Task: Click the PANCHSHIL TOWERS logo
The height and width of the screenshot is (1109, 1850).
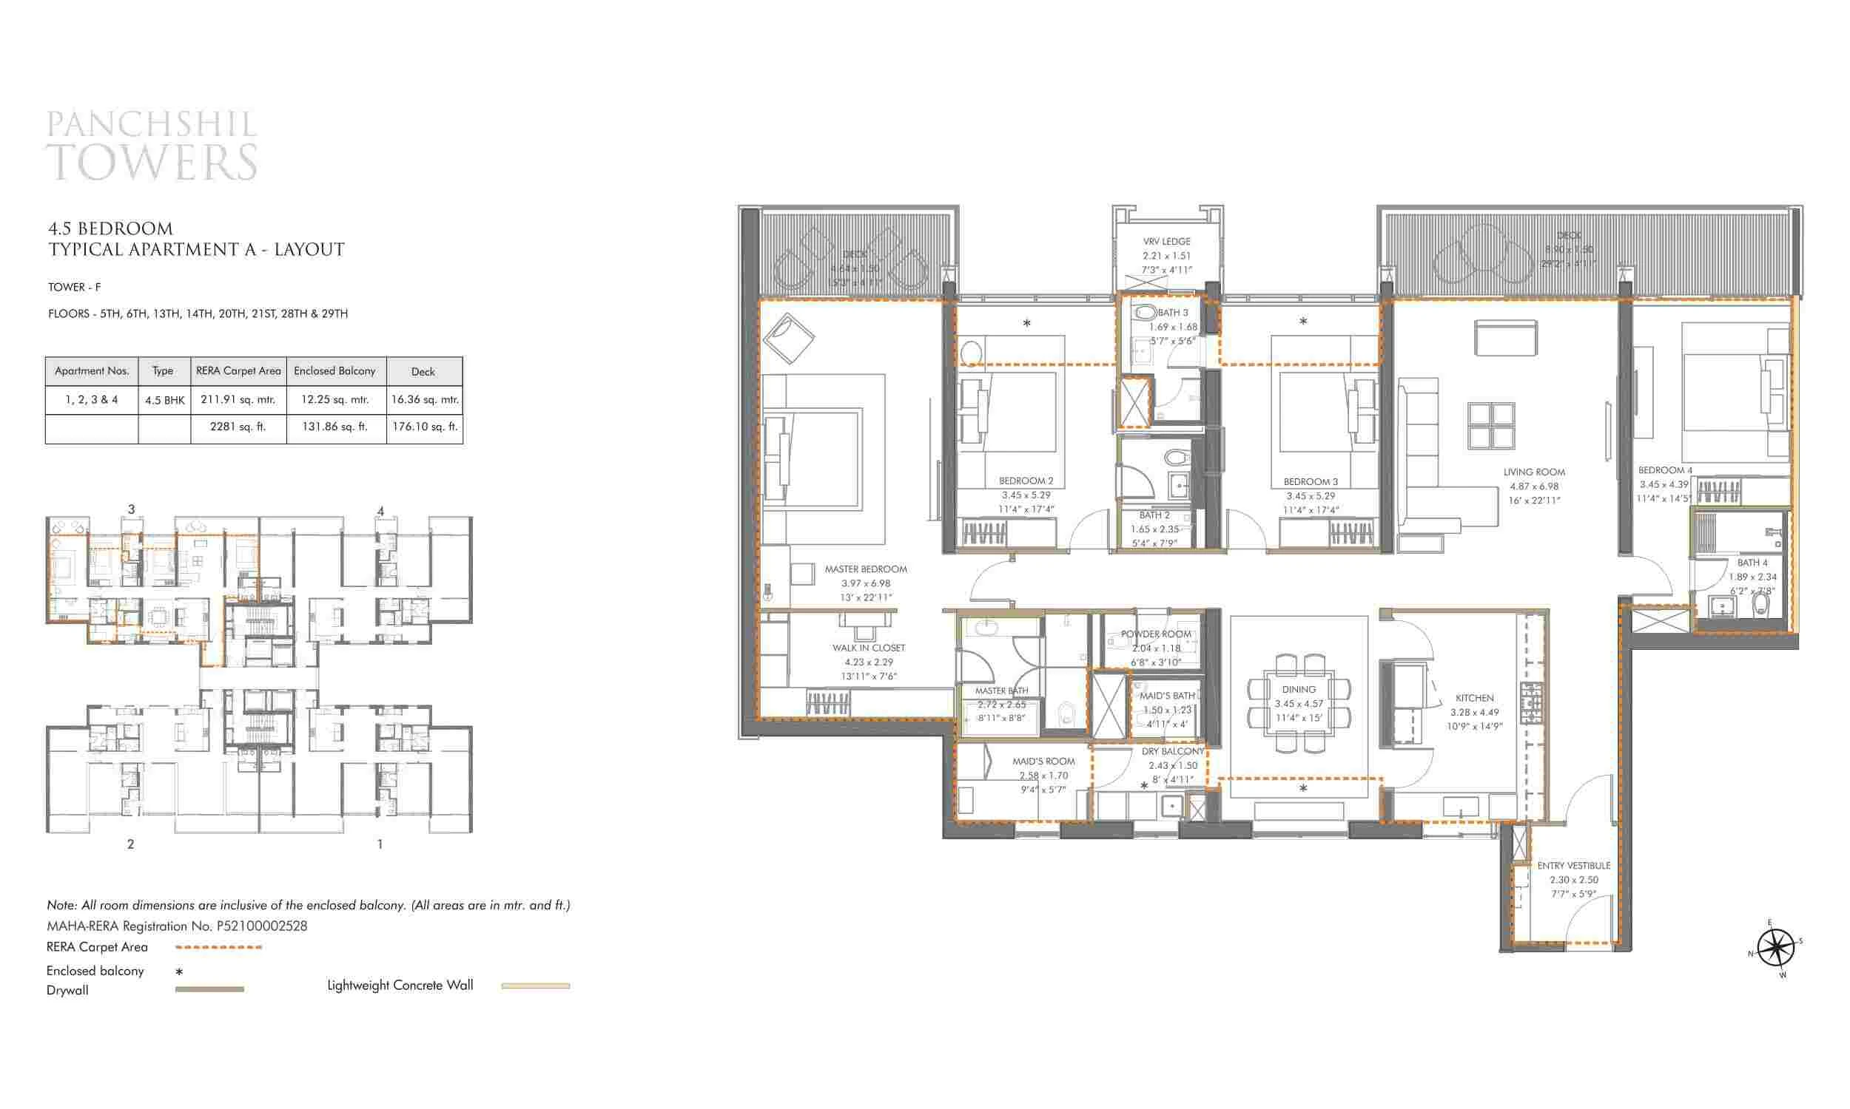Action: (152, 146)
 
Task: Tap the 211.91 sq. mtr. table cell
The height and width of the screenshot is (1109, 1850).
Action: (238, 400)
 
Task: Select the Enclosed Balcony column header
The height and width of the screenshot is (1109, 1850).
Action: (335, 370)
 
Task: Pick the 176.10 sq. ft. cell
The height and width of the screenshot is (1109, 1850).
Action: (424, 427)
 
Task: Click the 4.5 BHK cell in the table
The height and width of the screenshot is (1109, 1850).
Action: (164, 401)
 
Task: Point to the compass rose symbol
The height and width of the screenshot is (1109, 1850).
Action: (1775, 949)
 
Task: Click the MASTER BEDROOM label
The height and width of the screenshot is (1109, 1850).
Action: (865, 569)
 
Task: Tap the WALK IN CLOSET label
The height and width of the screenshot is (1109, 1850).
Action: (868, 648)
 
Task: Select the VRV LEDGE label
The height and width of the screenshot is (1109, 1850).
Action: (1166, 242)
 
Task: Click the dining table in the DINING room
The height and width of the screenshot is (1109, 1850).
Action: (1298, 705)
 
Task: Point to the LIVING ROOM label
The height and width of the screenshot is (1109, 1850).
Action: (1534, 472)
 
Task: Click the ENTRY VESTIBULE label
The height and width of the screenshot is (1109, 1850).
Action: (1573, 865)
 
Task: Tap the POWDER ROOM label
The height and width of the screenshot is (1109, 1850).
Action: (1155, 634)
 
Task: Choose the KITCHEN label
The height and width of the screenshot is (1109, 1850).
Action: (1474, 698)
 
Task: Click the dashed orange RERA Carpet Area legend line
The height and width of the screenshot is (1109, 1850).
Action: (218, 947)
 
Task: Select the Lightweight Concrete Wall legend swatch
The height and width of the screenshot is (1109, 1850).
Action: (536, 986)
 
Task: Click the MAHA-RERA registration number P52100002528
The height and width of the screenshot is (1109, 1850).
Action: (262, 926)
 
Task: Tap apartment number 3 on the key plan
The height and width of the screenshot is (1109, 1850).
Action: (131, 509)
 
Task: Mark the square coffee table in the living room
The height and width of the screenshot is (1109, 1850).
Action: (1491, 425)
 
